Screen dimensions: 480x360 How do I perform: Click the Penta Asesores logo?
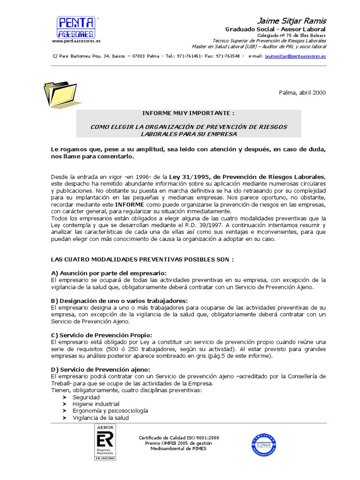[76, 27]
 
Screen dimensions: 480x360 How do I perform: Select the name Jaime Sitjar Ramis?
[292, 21]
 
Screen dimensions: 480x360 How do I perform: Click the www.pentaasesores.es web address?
[76, 41]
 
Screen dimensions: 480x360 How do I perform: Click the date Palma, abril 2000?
[302, 93]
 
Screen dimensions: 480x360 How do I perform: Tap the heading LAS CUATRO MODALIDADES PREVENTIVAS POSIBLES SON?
[142, 259]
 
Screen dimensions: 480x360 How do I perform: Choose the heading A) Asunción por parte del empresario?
[109, 273]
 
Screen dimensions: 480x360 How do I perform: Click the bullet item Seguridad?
[86, 397]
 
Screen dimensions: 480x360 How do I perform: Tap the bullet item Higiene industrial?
[96, 404]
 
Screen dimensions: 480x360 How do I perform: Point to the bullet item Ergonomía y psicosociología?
[110, 411]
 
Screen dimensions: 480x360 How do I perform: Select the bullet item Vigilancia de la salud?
[100, 418]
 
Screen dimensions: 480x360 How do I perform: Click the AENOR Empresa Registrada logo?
[105, 442]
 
